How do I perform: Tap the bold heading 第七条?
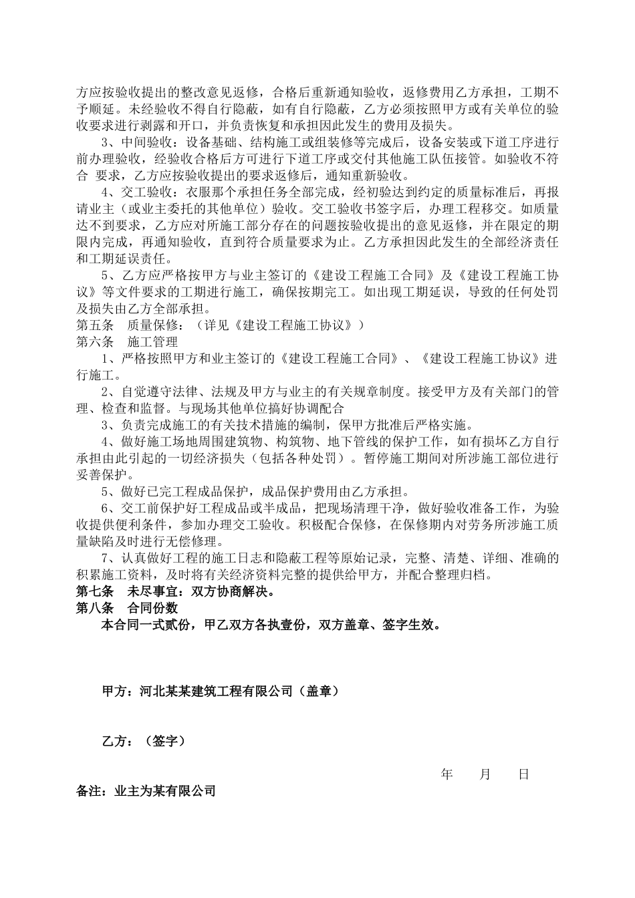[x=96, y=592]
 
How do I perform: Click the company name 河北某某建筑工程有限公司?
[x=216, y=691]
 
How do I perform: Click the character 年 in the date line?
[x=447, y=774]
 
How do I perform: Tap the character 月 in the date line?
[x=485, y=774]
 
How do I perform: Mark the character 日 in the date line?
[x=524, y=774]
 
